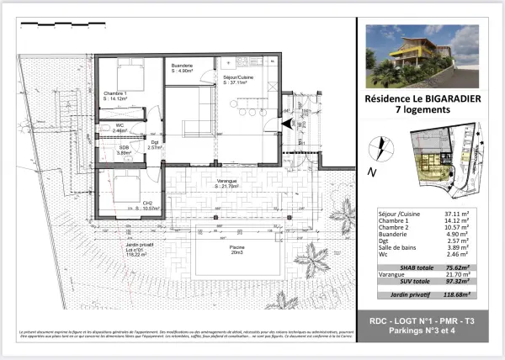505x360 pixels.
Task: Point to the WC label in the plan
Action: (120, 127)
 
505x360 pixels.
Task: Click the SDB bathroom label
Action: (123, 150)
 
